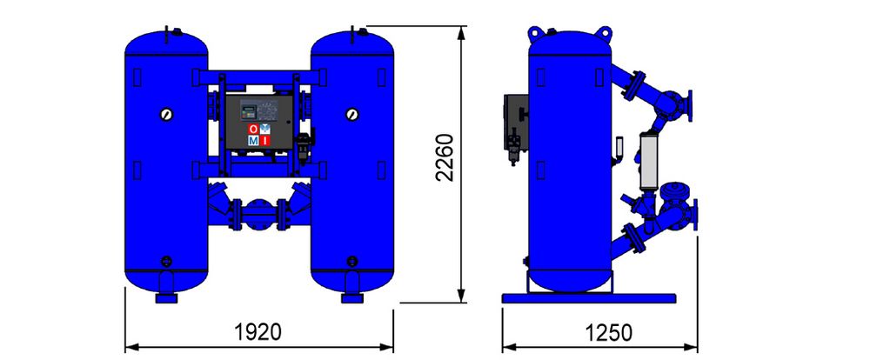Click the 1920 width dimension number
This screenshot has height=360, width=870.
point(258,332)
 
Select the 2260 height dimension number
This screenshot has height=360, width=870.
point(445,157)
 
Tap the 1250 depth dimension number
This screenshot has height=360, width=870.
point(609,333)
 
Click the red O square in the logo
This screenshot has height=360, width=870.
point(253,130)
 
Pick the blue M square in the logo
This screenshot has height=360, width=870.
point(253,140)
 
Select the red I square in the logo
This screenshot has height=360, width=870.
point(264,140)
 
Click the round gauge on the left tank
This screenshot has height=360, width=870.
point(166,114)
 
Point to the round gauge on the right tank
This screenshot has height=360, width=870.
point(351,114)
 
